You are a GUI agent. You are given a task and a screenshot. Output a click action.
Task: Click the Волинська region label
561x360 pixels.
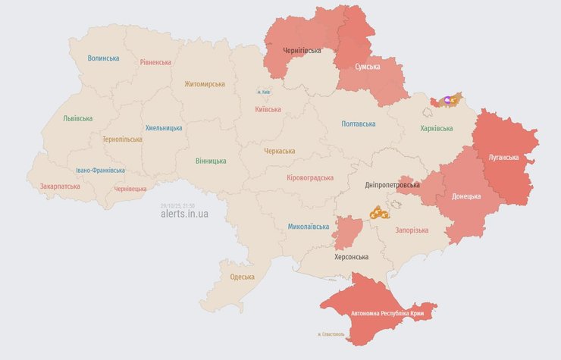tap(103, 58)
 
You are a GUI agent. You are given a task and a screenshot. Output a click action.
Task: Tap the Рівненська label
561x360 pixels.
tap(155, 62)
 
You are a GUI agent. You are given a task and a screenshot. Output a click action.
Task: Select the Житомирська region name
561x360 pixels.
tap(205, 84)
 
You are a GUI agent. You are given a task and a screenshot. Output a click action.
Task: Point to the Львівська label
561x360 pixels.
tap(77, 118)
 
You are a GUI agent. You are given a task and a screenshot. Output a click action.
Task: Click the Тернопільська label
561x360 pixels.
tap(122, 139)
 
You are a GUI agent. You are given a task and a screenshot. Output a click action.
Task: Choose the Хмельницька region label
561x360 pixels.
tap(164, 128)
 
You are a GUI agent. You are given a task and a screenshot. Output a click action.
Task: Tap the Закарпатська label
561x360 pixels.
tap(60, 186)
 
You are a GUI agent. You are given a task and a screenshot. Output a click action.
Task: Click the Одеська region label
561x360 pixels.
tap(243, 277)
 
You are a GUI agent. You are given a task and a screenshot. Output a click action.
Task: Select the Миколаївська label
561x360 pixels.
tap(309, 227)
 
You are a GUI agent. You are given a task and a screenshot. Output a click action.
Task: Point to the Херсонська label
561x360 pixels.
tap(351, 257)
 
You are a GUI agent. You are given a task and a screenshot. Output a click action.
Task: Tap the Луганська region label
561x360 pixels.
tap(503, 158)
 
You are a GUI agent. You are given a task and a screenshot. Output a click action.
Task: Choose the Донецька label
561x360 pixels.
tap(466, 196)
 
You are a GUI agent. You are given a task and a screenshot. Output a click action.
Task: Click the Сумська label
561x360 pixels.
tap(368, 67)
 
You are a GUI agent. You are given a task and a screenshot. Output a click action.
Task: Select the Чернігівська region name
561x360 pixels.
tap(301, 51)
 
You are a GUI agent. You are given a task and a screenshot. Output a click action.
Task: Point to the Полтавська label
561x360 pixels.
tap(359, 124)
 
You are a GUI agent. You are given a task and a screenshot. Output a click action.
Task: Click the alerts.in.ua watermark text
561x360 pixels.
tap(184, 214)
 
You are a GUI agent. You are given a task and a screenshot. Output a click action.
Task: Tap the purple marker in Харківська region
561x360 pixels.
tap(447, 99)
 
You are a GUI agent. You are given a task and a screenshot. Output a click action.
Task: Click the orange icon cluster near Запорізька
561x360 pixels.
tap(379, 214)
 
